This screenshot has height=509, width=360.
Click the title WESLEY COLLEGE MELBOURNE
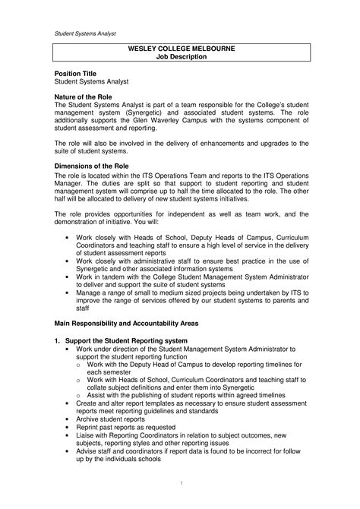tap(180, 49)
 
